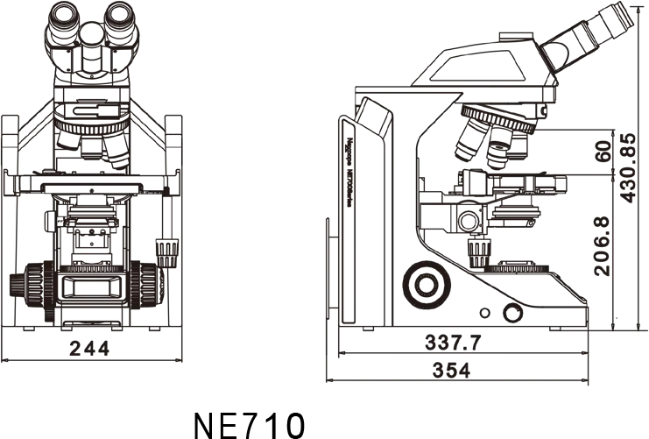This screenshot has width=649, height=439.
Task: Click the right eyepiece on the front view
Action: (x=120, y=26)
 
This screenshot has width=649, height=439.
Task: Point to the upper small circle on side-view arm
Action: (x=480, y=211)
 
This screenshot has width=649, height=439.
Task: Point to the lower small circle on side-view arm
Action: (x=480, y=226)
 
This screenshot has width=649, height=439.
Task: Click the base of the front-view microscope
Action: (x=95, y=346)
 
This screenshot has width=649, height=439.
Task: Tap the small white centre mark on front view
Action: (x=91, y=190)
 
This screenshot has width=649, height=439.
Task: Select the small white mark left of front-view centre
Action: (x=60, y=219)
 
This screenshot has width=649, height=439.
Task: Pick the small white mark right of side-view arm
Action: (x=529, y=192)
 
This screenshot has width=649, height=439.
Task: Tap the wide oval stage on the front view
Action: (x=95, y=285)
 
